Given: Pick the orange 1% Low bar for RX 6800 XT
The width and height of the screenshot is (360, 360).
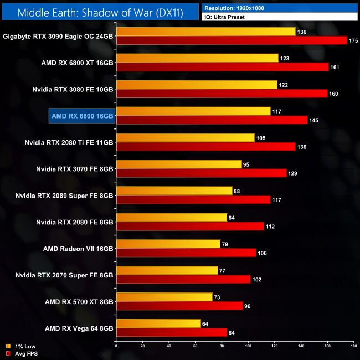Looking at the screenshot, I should [197, 58].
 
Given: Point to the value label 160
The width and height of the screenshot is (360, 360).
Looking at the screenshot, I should [334, 94].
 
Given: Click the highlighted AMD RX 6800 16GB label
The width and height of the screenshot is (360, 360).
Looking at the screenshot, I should [82, 116].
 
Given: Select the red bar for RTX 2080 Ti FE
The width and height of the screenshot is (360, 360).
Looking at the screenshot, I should [205, 147].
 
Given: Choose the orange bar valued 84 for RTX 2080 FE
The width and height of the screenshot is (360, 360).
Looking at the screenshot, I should [172, 217].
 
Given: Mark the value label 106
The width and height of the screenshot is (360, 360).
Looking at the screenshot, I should [263, 253].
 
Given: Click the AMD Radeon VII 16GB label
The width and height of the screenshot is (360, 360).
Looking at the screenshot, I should [78, 249].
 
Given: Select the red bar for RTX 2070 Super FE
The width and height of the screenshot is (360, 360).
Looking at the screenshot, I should [183, 280].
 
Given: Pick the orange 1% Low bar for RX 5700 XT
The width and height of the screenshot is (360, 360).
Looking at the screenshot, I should [164, 297].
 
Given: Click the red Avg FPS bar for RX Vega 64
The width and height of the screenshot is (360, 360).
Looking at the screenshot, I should [171, 332].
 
